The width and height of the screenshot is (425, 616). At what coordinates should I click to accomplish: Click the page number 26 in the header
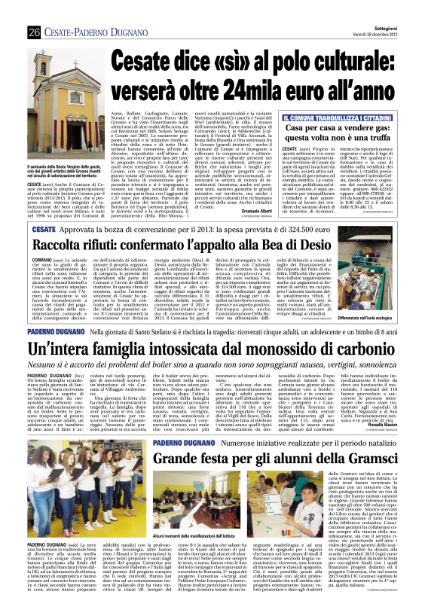coord(35,11)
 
